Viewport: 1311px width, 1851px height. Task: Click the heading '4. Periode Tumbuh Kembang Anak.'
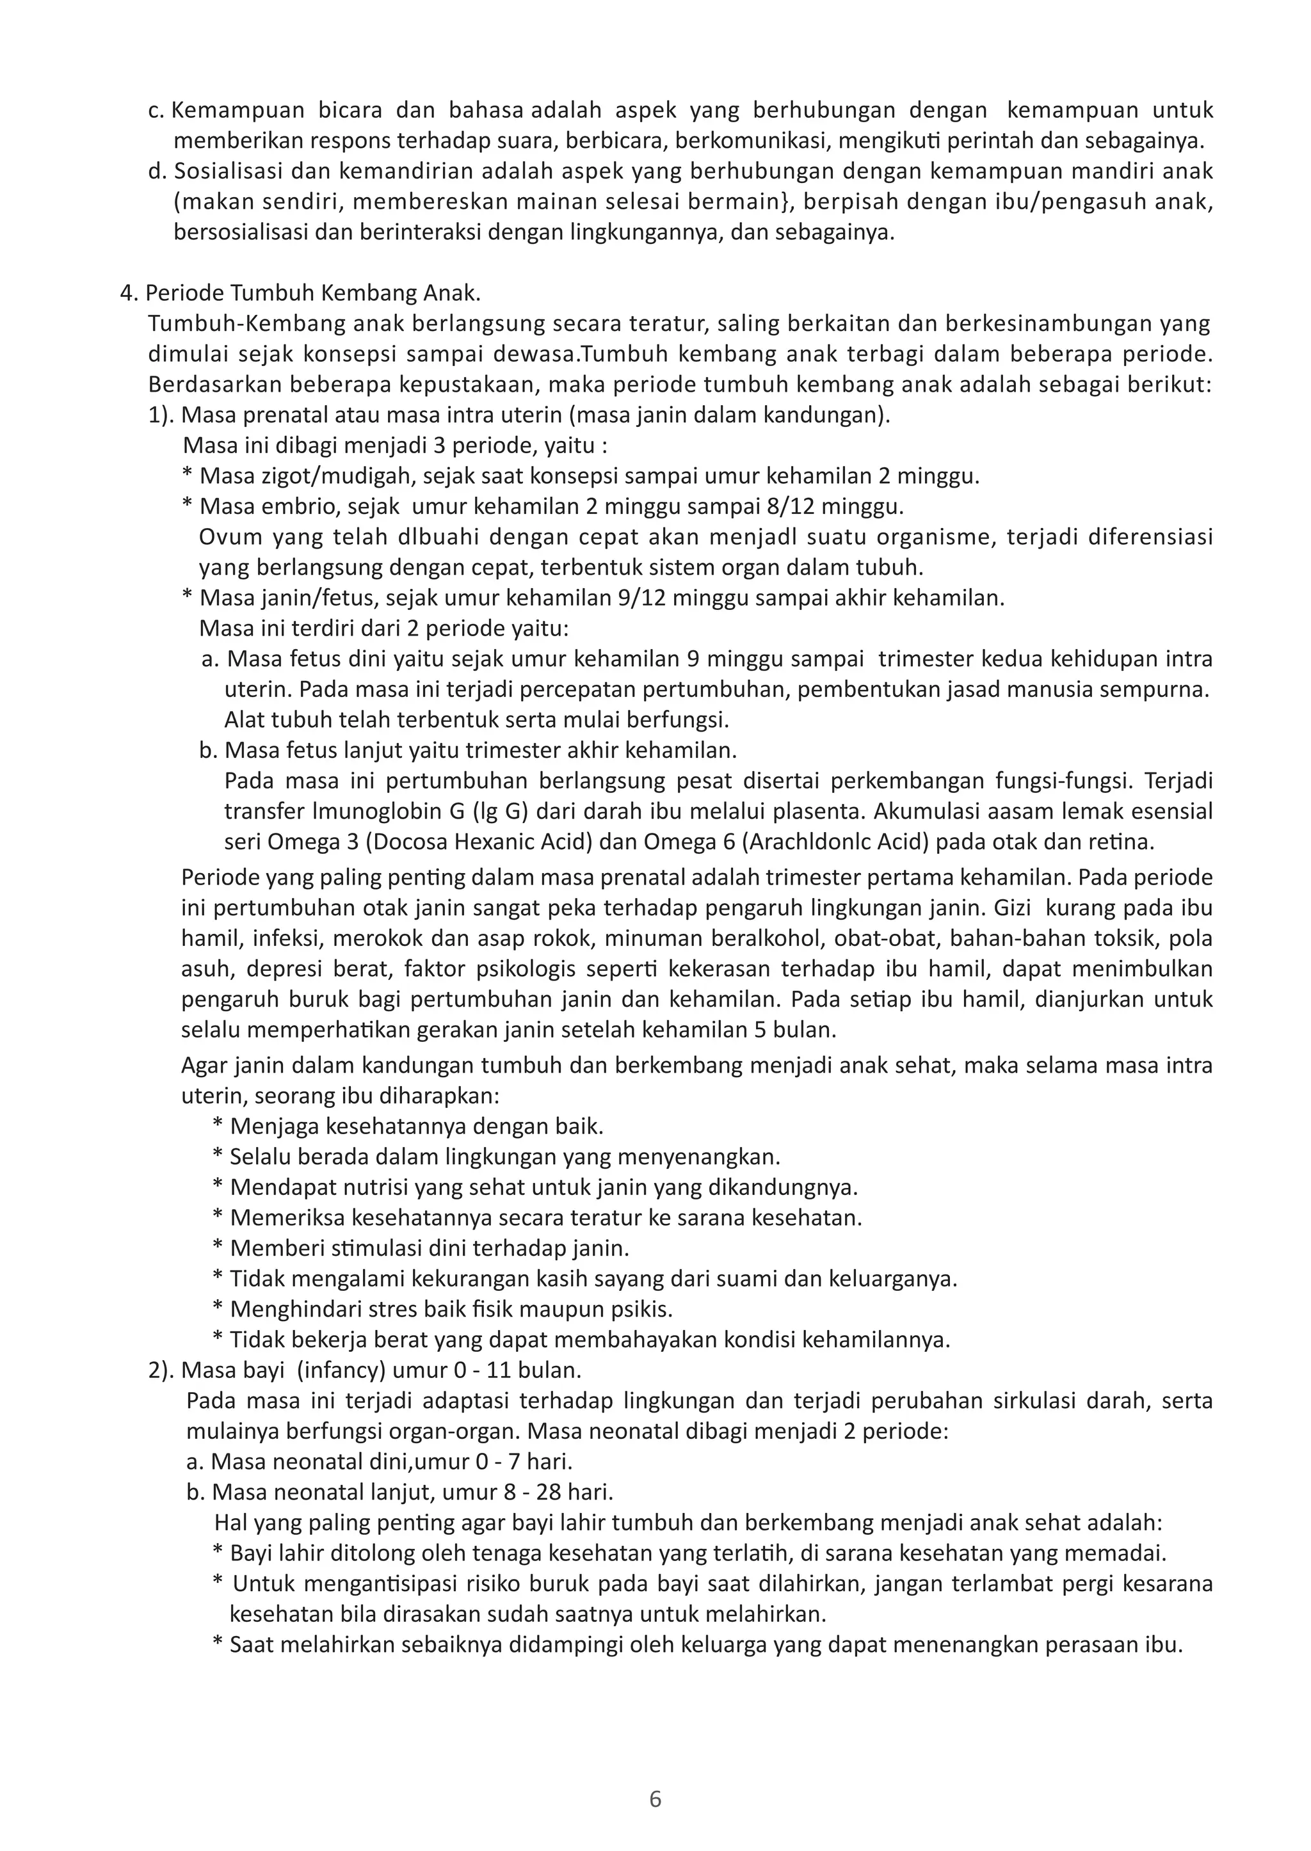pyautogui.click(x=300, y=293)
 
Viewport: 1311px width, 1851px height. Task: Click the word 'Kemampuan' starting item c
pyautogui.click(x=238, y=111)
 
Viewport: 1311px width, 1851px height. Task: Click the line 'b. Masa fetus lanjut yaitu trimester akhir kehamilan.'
pyautogui.click(x=468, y=751)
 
